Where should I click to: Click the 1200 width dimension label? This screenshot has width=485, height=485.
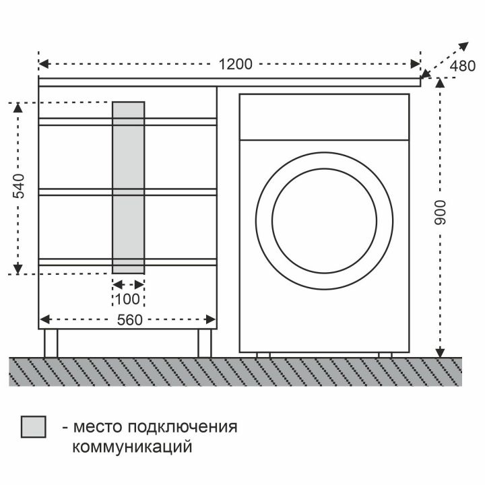pos(235,65)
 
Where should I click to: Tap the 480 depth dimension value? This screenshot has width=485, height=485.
pos(462,66)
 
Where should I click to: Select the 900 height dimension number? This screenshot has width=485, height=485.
pos(440,212)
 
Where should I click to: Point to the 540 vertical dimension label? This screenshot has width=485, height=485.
pos(18,186)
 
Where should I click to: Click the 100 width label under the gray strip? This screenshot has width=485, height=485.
pos(127,299)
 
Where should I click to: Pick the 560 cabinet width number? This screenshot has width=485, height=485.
pos(129,320)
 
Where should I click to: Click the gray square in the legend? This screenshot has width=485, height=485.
pos(34,427)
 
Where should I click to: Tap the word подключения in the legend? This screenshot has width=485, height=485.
pos(182,427)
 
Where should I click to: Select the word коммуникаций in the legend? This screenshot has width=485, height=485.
pos(132,447)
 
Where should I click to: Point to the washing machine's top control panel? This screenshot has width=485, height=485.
pos(324,117)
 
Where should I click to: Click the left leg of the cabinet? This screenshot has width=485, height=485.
pos(51,343)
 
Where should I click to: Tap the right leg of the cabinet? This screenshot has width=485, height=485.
pos(205,343)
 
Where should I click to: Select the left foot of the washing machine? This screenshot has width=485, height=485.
pos(263,355)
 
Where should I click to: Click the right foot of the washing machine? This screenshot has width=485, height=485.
pos(385,355)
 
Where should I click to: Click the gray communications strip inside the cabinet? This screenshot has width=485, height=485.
pos(129,188)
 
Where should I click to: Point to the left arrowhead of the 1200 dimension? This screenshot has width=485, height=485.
pos(44,65)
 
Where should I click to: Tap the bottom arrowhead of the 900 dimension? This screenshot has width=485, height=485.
pos(440,352)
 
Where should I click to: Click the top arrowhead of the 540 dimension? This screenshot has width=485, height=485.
pos(18,108)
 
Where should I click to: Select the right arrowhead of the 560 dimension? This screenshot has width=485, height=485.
pos(211,319)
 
